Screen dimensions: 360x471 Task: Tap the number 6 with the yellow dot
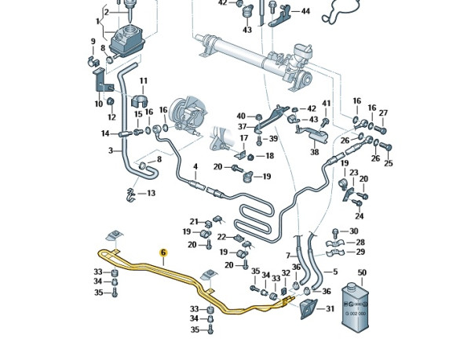(163, 253)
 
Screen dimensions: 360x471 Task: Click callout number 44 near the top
(305, 12)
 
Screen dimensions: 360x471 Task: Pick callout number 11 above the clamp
(144, 81)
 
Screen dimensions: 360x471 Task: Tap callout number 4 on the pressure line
(195, 166)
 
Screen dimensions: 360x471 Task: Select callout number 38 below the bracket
(315, 152)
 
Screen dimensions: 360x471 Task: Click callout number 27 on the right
(383, 112)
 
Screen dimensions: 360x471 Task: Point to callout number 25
(388, 163)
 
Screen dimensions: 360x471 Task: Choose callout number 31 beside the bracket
(330, 308)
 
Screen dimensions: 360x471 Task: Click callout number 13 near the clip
(151, 193)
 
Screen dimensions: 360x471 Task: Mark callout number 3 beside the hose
(111, 151)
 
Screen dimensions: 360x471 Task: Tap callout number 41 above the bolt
(327, 104)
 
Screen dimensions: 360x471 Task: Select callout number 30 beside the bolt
(353, 231)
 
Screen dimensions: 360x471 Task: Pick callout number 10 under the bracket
(99, 104)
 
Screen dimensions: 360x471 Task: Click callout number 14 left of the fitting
(105, 133)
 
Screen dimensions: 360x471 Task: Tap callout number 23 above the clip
(353, 173)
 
